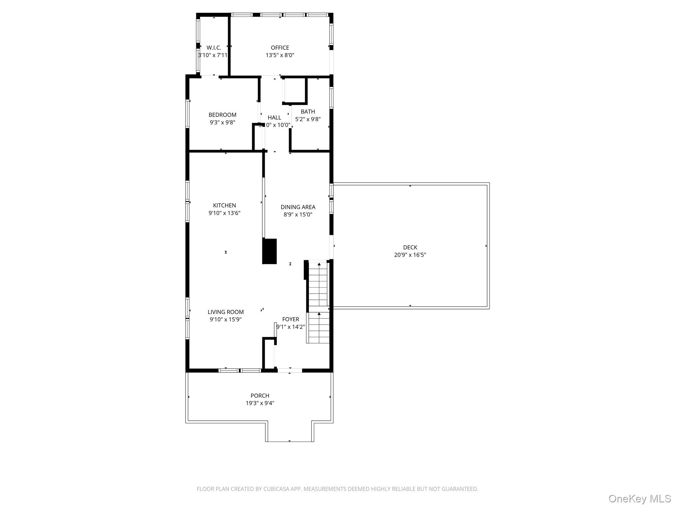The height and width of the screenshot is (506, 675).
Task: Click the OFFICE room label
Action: point(280,48)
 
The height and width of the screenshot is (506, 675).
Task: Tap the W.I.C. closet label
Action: point(214,48)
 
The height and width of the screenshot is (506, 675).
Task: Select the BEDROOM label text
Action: point(222,115)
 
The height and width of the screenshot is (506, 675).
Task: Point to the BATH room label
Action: point(308,112)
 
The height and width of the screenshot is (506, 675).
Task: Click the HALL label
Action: point(274,118)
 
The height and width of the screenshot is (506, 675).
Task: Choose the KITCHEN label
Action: point(224,206)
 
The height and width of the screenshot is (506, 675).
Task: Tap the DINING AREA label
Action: point(298,207)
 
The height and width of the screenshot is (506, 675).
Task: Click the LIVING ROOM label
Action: point(225,312)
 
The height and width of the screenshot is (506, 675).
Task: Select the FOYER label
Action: point(290,319)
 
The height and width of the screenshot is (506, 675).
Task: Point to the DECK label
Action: point(410,247)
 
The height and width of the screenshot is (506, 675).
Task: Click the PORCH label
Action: point(260,396)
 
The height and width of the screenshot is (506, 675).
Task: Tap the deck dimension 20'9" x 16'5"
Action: point(410,255)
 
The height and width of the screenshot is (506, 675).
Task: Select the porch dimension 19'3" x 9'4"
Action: point(260,403)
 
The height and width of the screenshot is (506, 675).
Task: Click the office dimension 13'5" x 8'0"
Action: point(280,55)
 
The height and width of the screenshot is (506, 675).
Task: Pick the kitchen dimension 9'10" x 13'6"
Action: point(224,213)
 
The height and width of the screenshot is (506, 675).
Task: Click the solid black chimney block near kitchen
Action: point(269,251)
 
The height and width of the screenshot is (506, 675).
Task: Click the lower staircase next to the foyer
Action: point(318,328)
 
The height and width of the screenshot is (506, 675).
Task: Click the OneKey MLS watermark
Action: point(639,498)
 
